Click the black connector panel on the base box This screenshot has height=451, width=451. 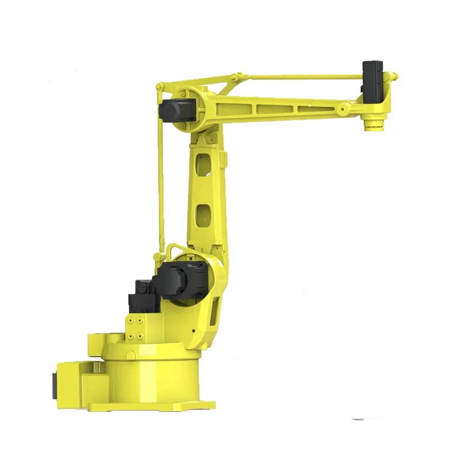[54, 383]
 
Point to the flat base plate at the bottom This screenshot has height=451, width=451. [150, 407]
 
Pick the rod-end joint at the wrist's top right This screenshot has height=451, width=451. [393, 76]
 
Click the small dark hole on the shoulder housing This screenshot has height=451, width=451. [194, 330]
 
